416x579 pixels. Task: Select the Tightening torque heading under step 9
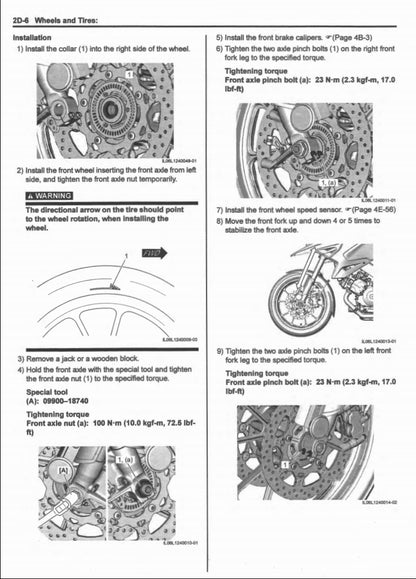[262, 372]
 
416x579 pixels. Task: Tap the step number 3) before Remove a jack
[21, 357]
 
